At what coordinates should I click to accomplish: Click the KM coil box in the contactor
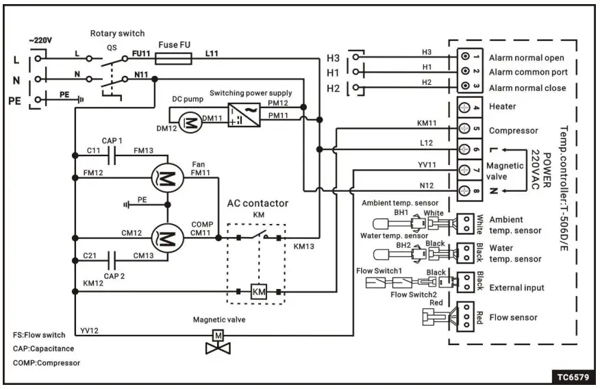pos(259,291)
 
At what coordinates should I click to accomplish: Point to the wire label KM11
pos(427,123)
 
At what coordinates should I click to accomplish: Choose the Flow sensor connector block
pos(466,317)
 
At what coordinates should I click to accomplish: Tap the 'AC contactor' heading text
pos(258,203)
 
